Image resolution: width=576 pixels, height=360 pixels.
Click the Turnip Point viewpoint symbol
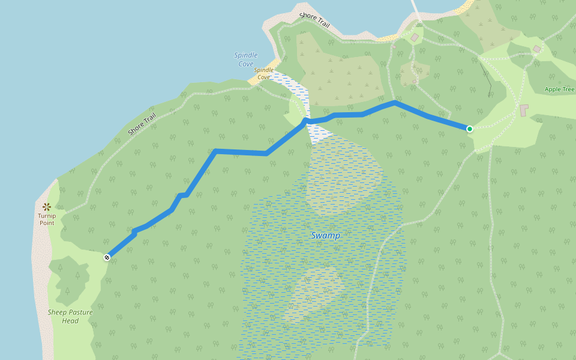[x=47, y=207]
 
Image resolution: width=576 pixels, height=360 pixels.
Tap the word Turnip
[x=47, y=216]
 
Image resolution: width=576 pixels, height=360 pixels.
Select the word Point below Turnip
[x=47, y=223]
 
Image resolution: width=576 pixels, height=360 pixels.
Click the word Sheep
[x=58, y=312]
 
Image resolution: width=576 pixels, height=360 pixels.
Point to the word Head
[x=70, y=321]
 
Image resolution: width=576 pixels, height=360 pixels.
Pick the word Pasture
[x=80, y=312]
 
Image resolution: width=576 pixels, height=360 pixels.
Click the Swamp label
[x=325, y=236]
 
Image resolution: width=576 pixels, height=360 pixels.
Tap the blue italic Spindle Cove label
[x=245, y=59]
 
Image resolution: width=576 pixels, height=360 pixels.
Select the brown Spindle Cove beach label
[x=263, y=73]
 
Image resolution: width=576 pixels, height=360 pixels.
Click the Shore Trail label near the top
[x=314, y=20]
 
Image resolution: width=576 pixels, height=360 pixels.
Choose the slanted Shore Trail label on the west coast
[x=142, y=124]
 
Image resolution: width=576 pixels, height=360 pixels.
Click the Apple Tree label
[x=559, y=89]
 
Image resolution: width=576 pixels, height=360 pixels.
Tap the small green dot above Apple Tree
[x=559, y=82]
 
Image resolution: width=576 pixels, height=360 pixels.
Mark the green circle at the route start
[x=469, y=128]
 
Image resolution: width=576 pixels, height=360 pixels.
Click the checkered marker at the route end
[x=107, y=257]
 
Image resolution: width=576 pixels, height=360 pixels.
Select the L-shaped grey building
[x=524, y=110]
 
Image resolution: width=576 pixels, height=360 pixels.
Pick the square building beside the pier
[x=415, y=38]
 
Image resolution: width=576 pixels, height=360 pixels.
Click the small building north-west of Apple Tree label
[x=536, y=49]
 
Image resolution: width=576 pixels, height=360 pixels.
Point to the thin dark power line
[x=486, y=78]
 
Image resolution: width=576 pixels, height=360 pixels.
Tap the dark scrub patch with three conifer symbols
[x=70, y=279]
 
